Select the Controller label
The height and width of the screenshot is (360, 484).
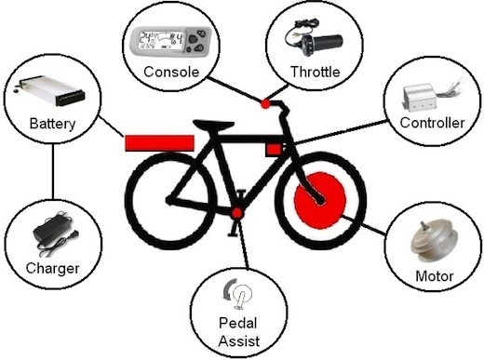[431, 123]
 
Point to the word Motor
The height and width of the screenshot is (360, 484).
[434, 276]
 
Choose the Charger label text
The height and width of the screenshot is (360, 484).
[52, 269]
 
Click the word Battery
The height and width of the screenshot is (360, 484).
[51, 123]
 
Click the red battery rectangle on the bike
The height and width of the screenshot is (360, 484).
[159, 142]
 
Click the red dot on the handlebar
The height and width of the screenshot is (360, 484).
[264, 104]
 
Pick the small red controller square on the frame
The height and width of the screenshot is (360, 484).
[274, 149]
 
